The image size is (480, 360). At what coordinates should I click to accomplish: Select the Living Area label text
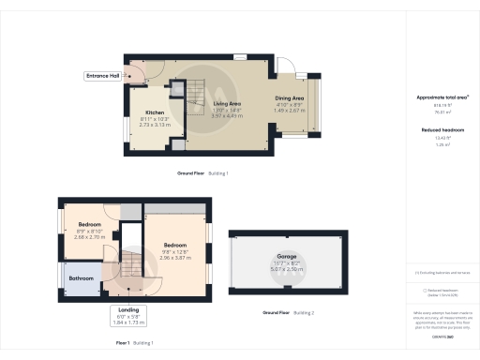(x=228, y=105)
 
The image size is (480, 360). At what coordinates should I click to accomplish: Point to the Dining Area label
(x=289, y=97)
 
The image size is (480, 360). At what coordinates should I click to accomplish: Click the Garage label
(x=286, y=255)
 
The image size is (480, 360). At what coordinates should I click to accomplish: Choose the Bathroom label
(x=82, y=277)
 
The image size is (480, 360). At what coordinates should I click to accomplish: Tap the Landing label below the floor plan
(x=129, y=310)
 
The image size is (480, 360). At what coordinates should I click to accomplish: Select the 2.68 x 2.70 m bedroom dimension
(x=89, y=237)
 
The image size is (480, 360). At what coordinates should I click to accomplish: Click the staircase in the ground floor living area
(x=195, y=97)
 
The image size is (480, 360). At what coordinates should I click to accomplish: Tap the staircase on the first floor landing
(x=127, y=265)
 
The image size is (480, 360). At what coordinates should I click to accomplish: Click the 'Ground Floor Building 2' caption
(x=288, y=311)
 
